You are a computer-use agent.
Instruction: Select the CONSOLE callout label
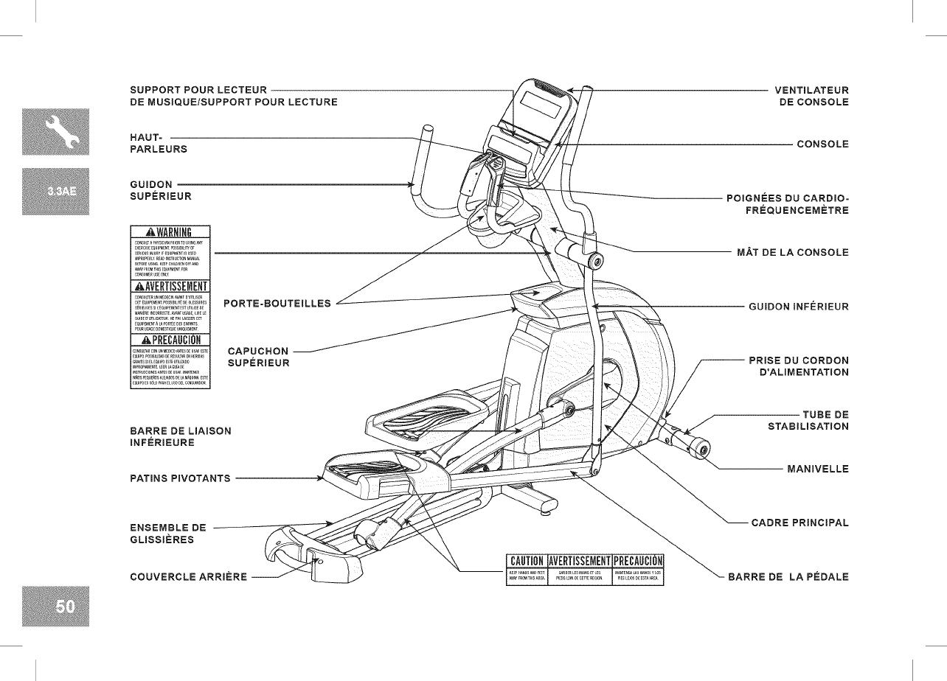(x=822, y=144)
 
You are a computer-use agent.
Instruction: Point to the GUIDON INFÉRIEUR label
(x=798, y=306)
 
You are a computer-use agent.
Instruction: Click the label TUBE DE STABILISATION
(x=808, y=420)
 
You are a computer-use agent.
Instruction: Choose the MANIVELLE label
(x=818, y=469)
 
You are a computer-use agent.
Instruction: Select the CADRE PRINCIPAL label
(x=799, y=523)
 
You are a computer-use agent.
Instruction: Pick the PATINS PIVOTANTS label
(x=179, y=478)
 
